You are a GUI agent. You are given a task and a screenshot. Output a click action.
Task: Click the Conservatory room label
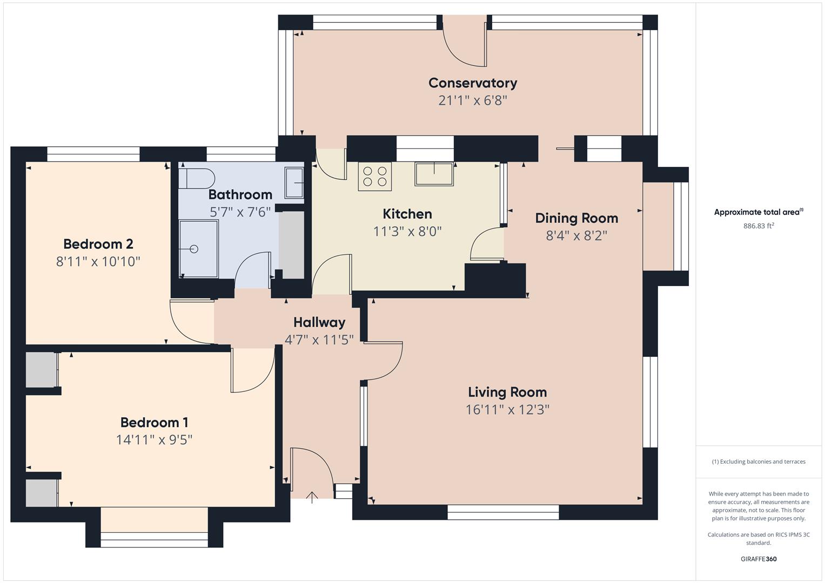click(473, 83)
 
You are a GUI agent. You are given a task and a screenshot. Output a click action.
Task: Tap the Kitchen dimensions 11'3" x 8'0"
click(407, 232)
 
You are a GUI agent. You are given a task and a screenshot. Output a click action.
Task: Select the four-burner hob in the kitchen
click(375, 176)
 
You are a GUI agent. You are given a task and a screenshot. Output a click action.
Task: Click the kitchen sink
click(434, 173)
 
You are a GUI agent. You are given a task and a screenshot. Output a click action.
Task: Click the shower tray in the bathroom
click(199, 249)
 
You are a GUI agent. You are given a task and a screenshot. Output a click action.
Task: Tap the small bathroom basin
click(294, 183)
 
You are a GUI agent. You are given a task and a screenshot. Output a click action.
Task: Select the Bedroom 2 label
click(98, 244)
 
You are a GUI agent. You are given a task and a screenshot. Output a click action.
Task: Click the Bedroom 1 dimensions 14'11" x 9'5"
click(154, 440)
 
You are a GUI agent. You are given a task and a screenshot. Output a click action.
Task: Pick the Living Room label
click(507, 392)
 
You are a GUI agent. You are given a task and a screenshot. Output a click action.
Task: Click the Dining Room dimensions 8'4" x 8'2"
click(576, 236)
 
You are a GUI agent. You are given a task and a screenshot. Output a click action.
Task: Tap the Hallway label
click(319, 322)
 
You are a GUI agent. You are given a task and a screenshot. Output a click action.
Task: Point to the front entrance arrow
click(312, 497)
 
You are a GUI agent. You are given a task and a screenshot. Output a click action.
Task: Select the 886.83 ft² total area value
click(759, 226)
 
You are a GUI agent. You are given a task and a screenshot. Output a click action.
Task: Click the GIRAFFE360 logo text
click(759, 559)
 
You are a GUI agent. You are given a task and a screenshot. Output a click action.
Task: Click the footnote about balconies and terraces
click(759, 462)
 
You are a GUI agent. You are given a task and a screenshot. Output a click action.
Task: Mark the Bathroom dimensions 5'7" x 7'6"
click(240, 212)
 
